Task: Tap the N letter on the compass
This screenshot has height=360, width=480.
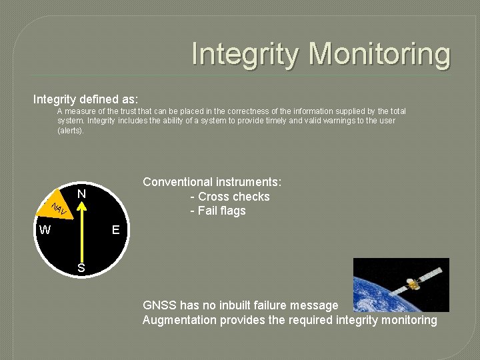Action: (81, 195)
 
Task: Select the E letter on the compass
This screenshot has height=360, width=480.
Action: (116, 230)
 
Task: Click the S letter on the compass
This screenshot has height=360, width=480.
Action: (81, 268)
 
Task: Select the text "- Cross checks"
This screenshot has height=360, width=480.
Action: (230, 197)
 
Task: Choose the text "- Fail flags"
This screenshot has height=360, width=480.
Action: (218, 211)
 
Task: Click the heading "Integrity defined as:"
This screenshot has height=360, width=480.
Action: (86, 99)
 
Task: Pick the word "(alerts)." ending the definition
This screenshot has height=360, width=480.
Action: (71, 131)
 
